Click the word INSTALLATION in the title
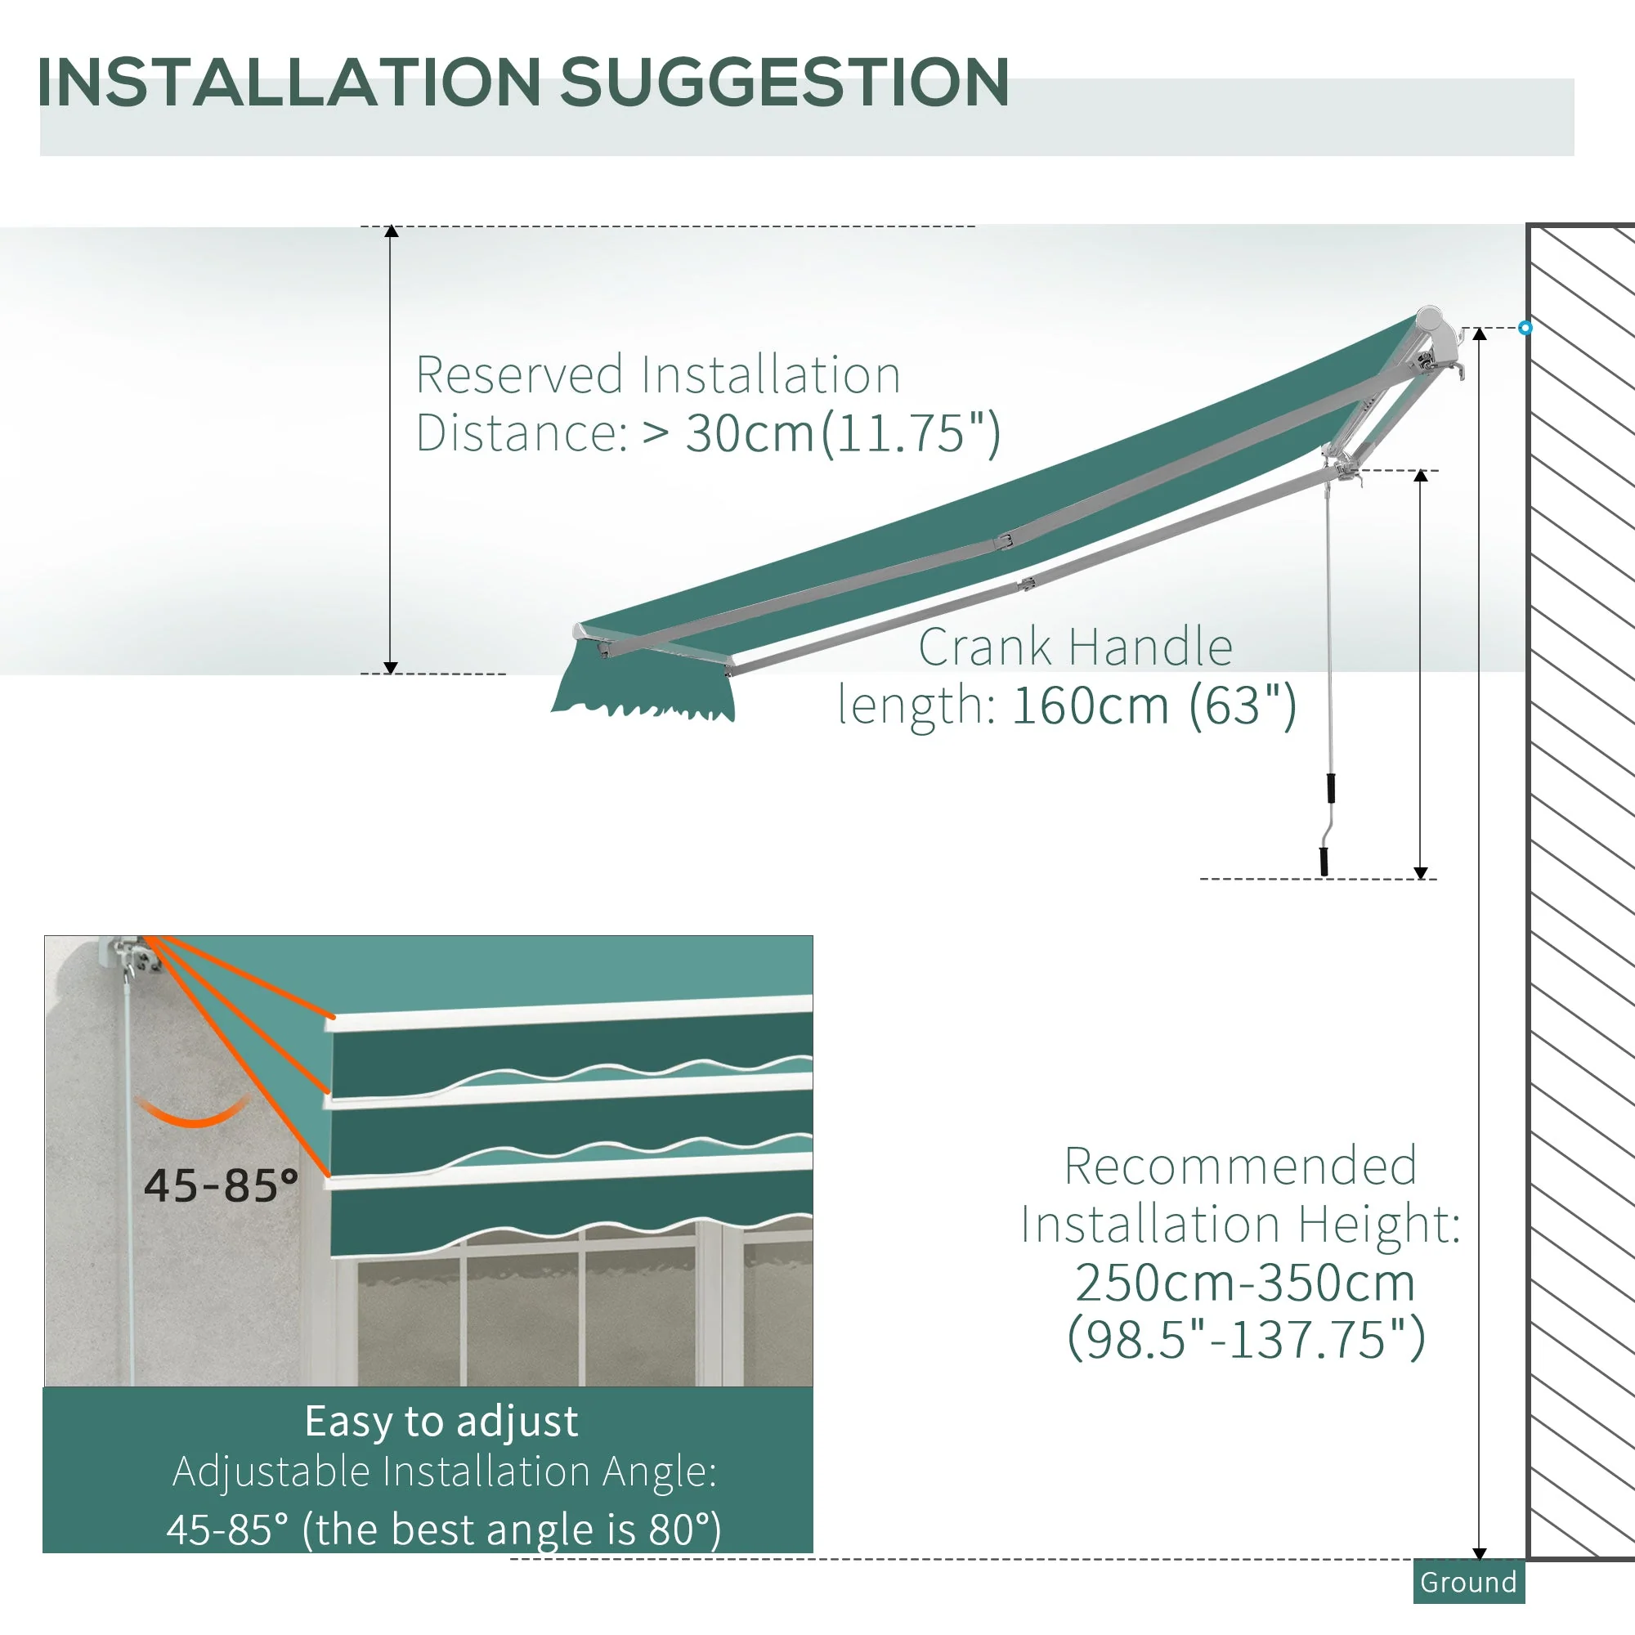(x=289, y=82)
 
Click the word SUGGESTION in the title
(x=785, y=82)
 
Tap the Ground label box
(x=1468, y=1582)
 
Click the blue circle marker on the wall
(x=1525, y=328)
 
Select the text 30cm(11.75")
(x=843, y=433)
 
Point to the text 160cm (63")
(x=1153, y=705)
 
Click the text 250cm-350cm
(x=1245, y=1282)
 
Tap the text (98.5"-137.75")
(x=1247, y=1339)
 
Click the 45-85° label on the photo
(x=221, y=1185)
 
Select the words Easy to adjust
(x=441, y=1421)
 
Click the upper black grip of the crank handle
(x=1331, y=788)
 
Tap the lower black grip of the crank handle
(x=1324, y=862)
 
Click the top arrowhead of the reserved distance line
(x=391, y=231)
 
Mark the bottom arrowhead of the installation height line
(x=1480, y=1554)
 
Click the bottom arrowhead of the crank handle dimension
(x=1421, y=873)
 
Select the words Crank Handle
(x=1075, y=647)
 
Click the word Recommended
(x=1241, y=1167)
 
